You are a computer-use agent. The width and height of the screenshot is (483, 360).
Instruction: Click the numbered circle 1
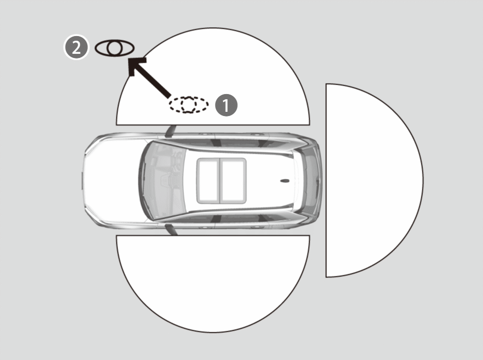point(226,105)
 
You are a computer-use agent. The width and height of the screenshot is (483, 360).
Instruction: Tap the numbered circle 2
point(76,48)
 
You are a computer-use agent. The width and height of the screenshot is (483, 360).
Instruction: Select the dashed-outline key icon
point(188,104)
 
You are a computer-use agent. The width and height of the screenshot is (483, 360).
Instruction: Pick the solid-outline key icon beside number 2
point(114,48)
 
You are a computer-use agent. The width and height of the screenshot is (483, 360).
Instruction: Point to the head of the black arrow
point(134,64)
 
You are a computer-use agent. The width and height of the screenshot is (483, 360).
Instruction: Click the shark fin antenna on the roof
point(285,181)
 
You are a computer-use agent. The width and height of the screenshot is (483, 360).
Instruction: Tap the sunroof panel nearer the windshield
point(208,181)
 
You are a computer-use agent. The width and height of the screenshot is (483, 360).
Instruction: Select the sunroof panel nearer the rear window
point(233,181)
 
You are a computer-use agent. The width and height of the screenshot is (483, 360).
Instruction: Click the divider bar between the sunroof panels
point(220,181)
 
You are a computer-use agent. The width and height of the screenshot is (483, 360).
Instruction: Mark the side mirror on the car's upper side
point(170,131)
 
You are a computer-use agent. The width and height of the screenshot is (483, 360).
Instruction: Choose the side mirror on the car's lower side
point(171,230)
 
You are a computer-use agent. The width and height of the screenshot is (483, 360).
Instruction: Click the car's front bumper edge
point(83,181)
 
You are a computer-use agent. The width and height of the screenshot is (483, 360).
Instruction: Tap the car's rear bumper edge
point(321,181)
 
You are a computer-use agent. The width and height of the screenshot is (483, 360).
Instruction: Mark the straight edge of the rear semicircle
point(326,180)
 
